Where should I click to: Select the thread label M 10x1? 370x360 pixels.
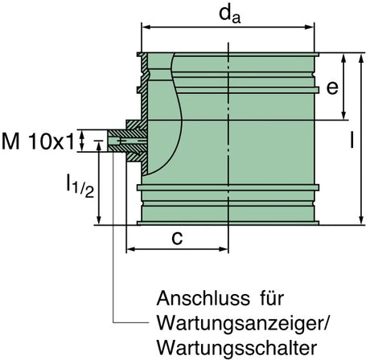coord(38,141)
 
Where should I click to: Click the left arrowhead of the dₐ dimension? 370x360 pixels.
coord(145,27)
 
